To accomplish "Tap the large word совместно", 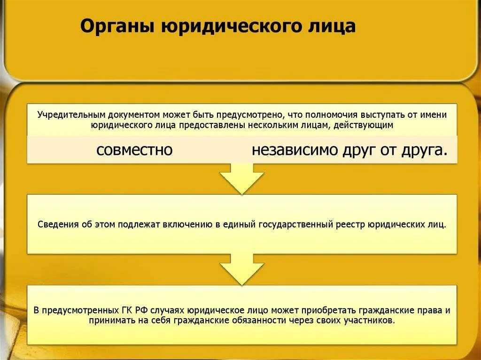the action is tap(135, 150).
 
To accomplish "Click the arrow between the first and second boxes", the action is tap(242, 179).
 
